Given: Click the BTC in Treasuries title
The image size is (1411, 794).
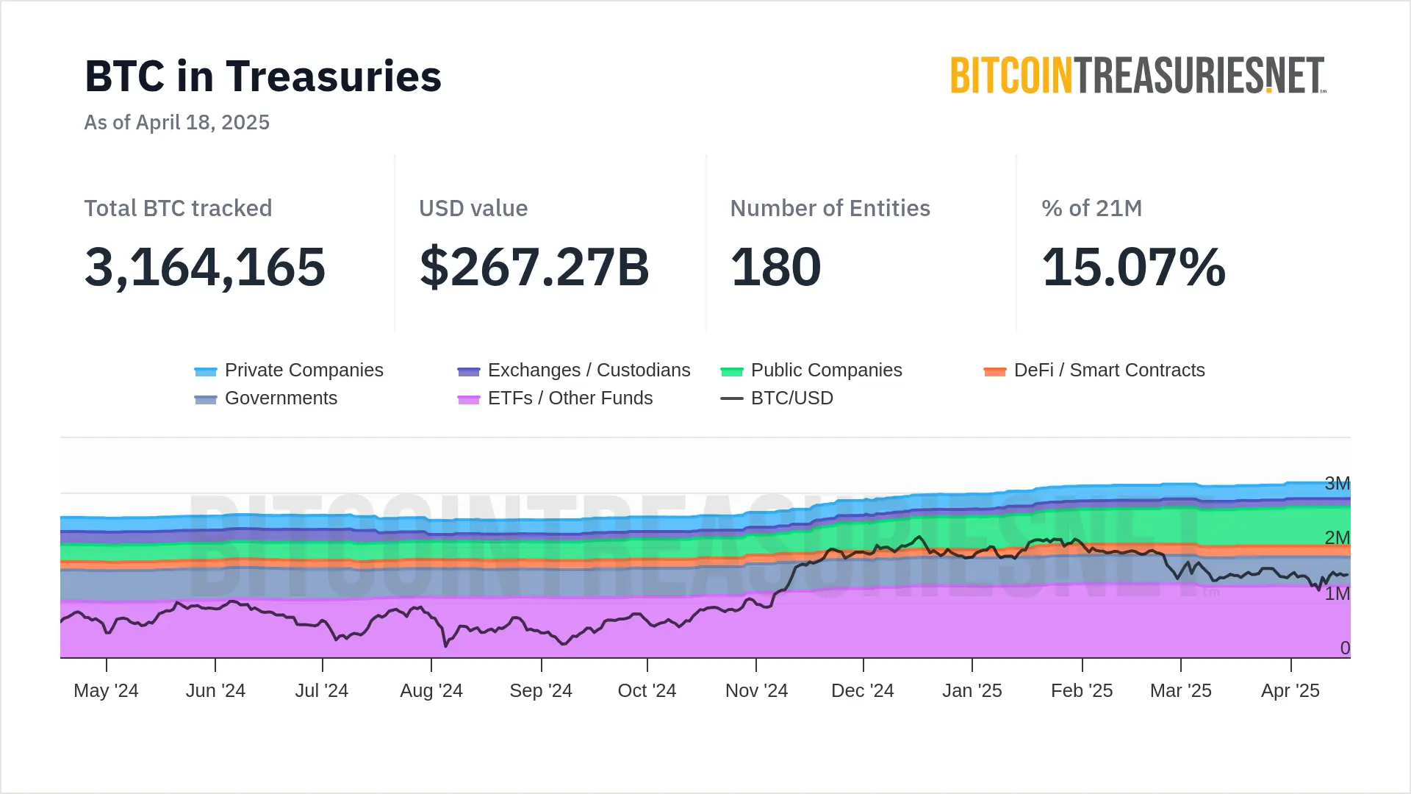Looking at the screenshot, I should tap(263, 76).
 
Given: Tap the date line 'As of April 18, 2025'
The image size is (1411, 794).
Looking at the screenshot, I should tap(177, 122).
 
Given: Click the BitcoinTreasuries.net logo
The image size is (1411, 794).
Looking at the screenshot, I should tap(1138, 76).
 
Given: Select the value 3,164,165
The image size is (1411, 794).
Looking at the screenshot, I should tap(205, 267).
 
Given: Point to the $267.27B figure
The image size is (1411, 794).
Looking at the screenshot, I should tap(534, 267).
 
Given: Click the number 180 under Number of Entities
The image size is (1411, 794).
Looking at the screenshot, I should tap(775, 267).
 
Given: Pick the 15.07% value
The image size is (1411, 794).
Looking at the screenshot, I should tap(1133, 267).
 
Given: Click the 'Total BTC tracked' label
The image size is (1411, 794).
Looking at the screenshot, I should tap(178, 208).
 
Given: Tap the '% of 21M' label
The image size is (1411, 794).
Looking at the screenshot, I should tap(1091, 208).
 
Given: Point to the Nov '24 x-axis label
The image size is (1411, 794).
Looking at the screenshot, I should tap(756, 690).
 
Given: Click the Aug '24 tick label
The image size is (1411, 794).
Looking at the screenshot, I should tap(431, 690).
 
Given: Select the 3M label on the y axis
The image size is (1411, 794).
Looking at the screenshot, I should tap(1337, 483).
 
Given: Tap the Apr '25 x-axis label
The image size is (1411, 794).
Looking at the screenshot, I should tap(1290, 690).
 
